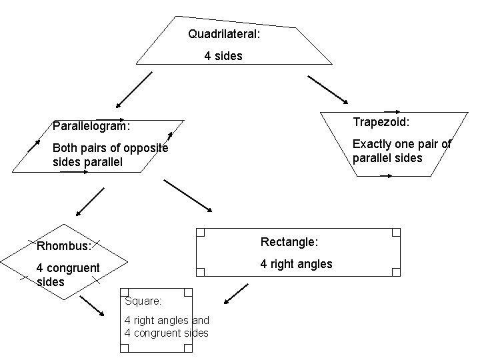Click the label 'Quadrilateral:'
(223, 33)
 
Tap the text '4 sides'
(223, 56)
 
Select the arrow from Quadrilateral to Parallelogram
(134, 89)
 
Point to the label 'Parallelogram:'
(91, 125)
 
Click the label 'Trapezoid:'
(381, 122)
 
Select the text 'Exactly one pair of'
(401, 144)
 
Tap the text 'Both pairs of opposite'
(110, 148)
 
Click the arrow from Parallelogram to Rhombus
(90, 202)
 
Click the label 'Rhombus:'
(64, 246)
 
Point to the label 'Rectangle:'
(289, 241)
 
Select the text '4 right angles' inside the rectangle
(296, 264)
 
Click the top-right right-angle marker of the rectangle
(396, 233)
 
